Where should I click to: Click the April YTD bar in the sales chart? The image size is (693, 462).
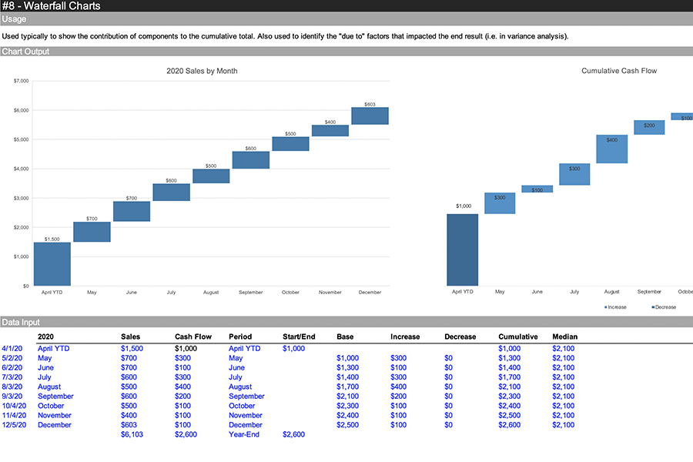click(52, 264)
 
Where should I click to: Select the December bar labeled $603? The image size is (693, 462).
click(370, 115)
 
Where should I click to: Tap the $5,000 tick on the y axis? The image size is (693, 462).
click(22, 139)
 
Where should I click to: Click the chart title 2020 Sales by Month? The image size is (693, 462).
click(202, 71)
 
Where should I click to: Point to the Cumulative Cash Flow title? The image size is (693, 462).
click(619, 71)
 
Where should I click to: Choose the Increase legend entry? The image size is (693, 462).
click(615, 307)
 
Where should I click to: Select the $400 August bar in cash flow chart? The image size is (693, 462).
click(612, 149)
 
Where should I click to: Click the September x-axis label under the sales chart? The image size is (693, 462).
click(250, 293)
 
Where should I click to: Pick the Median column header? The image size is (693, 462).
click(564, 336)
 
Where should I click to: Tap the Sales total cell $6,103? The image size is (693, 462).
click(132, 434)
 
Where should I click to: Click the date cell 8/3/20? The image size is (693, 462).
click(14, 387)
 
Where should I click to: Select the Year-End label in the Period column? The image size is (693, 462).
click(246, 434)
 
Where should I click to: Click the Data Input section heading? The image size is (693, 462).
click(21, 322)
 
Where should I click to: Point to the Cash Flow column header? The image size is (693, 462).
click(193, 336)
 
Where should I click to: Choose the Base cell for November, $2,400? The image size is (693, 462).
click(347, 415)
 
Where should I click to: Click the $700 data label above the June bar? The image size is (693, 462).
click(132, 198)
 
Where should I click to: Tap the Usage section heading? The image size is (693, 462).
click(14, 19)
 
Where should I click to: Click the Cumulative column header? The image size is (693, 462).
click(518, 336)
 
